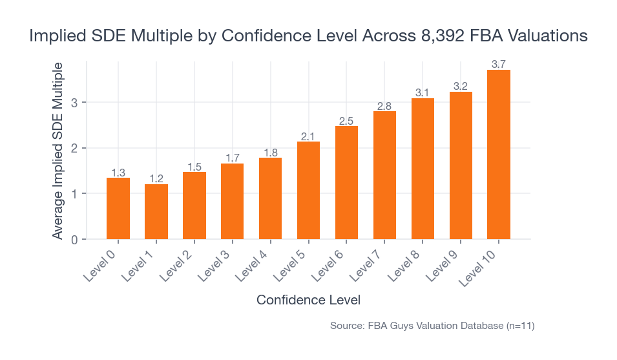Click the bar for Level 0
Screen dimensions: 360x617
(118, 208)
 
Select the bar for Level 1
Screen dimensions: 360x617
(156, 211)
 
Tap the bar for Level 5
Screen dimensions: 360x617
(308, 190)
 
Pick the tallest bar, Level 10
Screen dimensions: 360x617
(499, 154)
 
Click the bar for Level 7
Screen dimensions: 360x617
(384, 175)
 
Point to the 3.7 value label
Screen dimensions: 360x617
(499, 64)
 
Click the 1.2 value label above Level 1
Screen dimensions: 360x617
(156, 178)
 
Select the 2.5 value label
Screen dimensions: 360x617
(346, 120)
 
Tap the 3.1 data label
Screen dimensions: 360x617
(423, 92)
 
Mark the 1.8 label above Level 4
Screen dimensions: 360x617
(270, 153)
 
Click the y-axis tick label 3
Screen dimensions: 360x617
(75, 103)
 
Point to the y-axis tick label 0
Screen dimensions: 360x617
(75, 240)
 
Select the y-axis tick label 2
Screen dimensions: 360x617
(75, 149)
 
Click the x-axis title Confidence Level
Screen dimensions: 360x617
(308, 301)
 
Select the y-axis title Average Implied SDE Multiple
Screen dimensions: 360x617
(58, 151)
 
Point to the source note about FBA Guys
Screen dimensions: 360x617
(432, 326)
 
